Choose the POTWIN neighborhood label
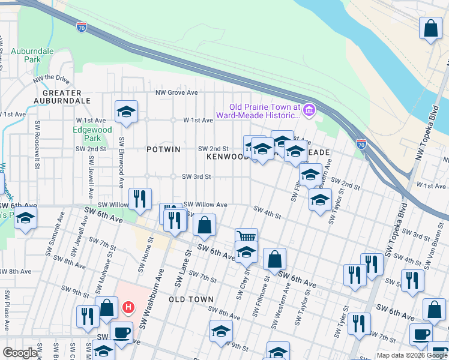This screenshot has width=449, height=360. click(x=163, y=149)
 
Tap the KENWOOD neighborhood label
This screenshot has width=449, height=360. click(x=228, y=156)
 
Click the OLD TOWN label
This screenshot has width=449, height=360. click(x=191, y=299)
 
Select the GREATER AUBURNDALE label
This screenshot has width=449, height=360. click(x=58, y=97)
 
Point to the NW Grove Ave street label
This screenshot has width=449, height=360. click(x=176, y=92)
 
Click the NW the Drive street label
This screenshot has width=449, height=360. click(x=52, y=78)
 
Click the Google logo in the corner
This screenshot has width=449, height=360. click(x=20, y=353)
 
